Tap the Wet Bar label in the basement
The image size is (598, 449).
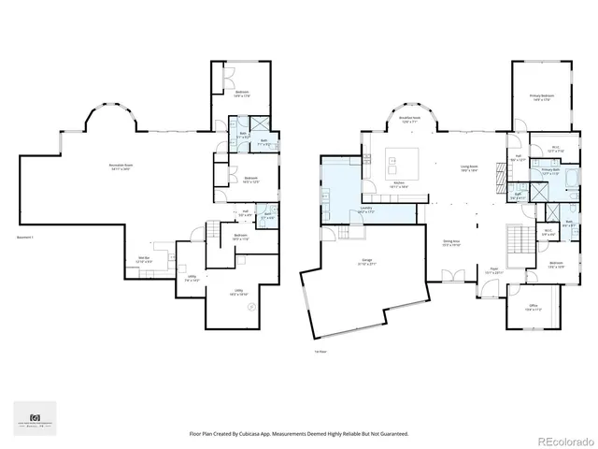coord(145,259)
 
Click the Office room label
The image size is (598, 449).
coord(532,308)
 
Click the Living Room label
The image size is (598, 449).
coord(468,168)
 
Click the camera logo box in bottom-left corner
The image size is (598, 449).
coord(35,417)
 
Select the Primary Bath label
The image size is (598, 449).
coord(549,171)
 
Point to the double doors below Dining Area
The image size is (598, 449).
coord(451,277)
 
